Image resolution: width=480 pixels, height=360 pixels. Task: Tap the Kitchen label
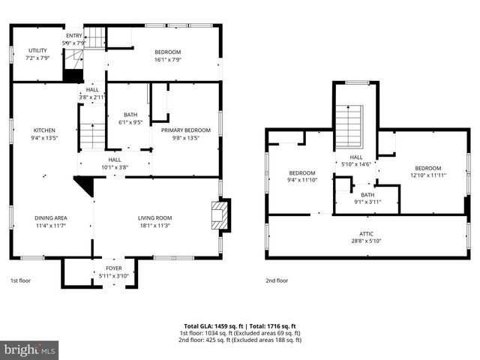tap(44, 130)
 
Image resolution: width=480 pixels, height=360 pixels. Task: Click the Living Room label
tap(154, 218)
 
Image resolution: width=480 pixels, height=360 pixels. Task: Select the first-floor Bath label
tap(130, 115)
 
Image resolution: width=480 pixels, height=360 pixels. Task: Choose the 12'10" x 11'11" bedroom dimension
tap(428, 175)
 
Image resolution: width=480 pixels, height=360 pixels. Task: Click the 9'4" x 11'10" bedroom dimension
tap(302, 180)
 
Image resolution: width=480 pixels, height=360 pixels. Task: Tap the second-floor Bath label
tap(367, 195)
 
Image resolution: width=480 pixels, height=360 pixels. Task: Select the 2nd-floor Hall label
tap(356, 157)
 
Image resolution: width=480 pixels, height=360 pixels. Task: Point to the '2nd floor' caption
tap(277, 280)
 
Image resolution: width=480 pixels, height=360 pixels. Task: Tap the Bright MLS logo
tap(30, 349)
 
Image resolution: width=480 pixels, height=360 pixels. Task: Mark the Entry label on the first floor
tap(73, 35)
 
